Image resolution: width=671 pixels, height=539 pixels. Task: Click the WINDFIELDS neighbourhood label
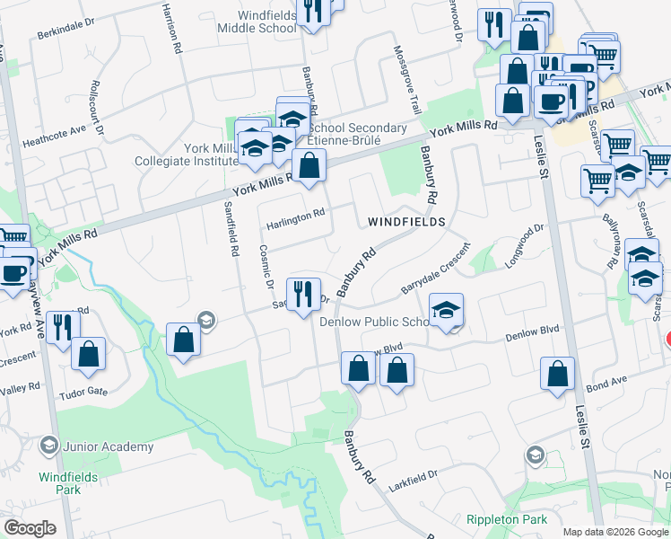pyautogui.click(x=406, y=221)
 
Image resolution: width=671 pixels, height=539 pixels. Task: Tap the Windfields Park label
pyautogui.click(x=60, y=483)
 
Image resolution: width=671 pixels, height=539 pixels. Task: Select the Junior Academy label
pyautogui.click(x=108, y=446)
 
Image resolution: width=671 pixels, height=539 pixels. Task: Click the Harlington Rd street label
pyautogui.click(x=293, y=216)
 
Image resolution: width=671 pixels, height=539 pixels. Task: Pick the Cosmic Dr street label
pyautogui.click(x=265, y=266)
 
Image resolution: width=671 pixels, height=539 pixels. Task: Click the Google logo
pyautogui.click(x=30, y=527)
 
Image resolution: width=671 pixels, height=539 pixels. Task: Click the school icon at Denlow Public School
pyautogui.click(x=446, y=310)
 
